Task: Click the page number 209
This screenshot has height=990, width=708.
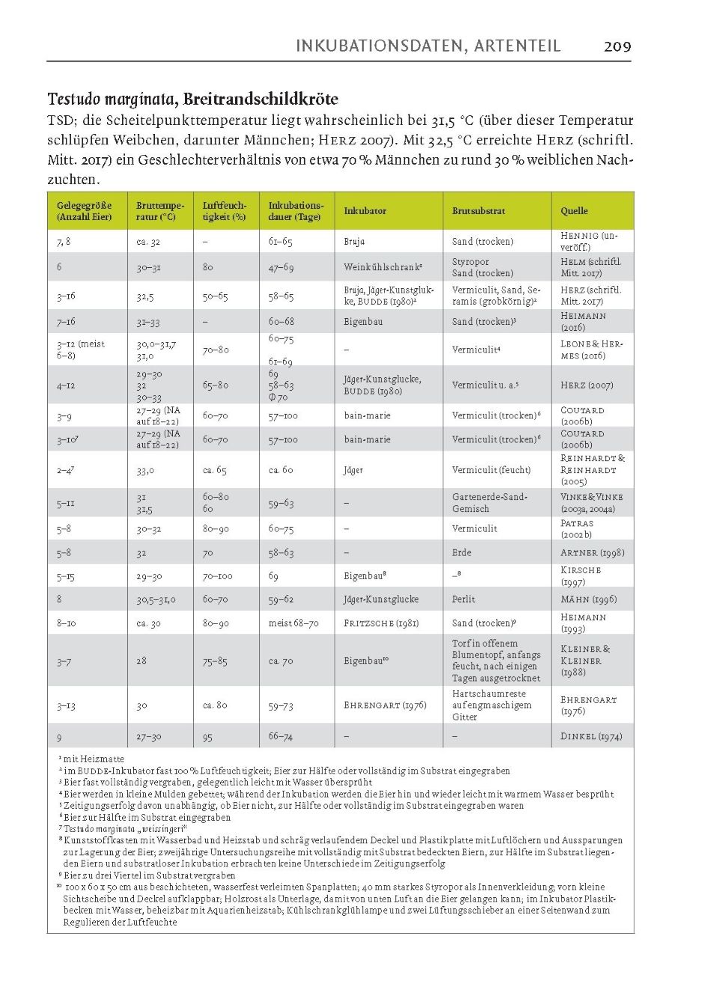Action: pos(617,46)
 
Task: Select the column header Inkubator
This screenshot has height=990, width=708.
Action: pos(364,211)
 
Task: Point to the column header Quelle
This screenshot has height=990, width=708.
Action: pos(574,211)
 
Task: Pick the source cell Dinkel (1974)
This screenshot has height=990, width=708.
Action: pos(591,736)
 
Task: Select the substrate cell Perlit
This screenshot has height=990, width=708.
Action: pos(463,599)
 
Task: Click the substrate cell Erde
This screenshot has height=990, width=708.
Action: pos(461,553)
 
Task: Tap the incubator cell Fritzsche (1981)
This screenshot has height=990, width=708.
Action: pos(381,623)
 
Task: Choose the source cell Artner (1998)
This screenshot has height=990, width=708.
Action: pos(592,553)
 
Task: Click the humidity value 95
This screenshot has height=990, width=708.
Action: pos(207,737)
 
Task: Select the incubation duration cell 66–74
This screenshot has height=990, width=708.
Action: pos(281,736)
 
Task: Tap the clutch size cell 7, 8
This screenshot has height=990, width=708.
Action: pos(64,242)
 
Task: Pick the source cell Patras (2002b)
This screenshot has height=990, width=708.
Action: pos(577,529)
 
